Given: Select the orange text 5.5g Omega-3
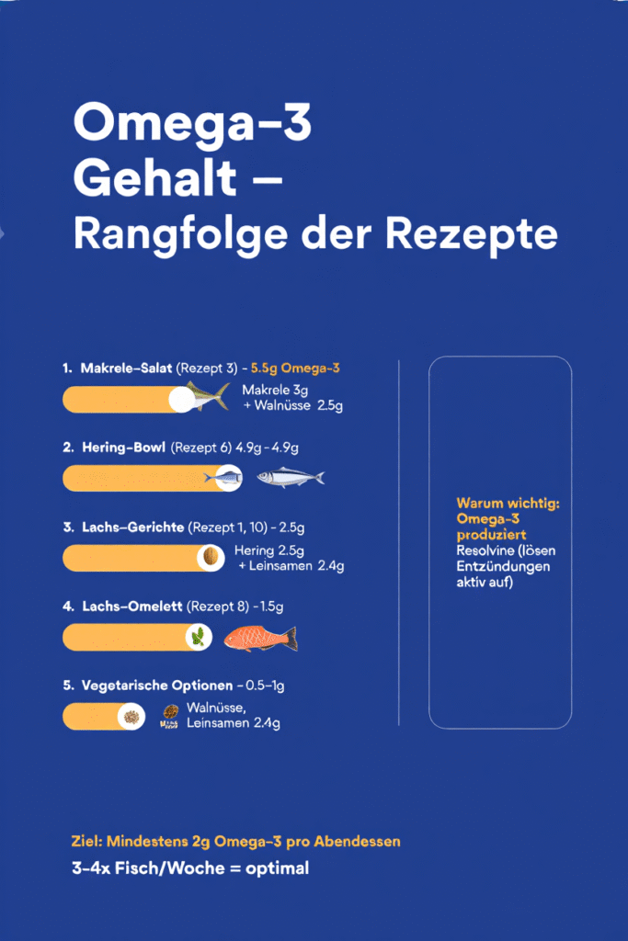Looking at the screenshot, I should tap(295, 368).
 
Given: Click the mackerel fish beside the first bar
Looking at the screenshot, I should tap(207, 396).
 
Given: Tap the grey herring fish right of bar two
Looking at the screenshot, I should tap(290, 477).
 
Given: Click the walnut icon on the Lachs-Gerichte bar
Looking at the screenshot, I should tap(211, 557).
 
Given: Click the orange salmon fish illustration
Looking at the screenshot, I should tap(261, 638).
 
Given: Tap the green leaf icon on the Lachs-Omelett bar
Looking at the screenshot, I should tap(196, 636).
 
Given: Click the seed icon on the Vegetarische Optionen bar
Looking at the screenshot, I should tap(131, 716).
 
